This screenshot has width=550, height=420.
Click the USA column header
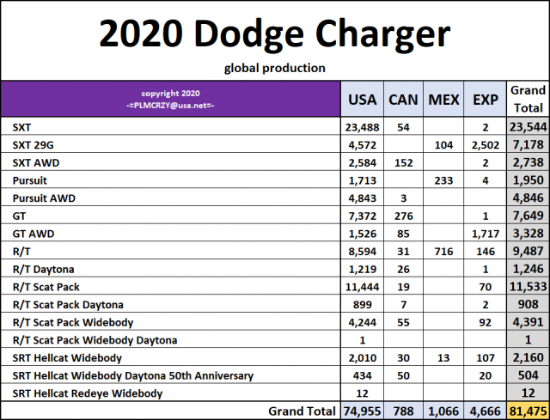361,99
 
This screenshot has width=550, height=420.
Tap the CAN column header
404,99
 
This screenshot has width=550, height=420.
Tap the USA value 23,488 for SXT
362,125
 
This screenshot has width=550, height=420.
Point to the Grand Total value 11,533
526,286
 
